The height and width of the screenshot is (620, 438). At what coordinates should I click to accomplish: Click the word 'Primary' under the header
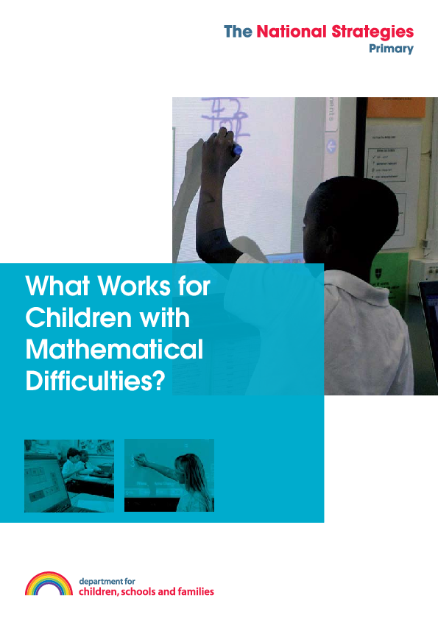391,49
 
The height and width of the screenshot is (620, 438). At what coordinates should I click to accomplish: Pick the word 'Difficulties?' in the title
94,381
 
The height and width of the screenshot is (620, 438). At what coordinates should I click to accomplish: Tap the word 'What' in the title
52,286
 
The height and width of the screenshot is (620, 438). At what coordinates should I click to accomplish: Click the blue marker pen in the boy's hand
236,150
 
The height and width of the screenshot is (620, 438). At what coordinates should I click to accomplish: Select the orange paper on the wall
396,108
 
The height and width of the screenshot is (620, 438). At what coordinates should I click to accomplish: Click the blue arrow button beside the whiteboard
331,146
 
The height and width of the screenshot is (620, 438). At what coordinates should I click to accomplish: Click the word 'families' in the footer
194,591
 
